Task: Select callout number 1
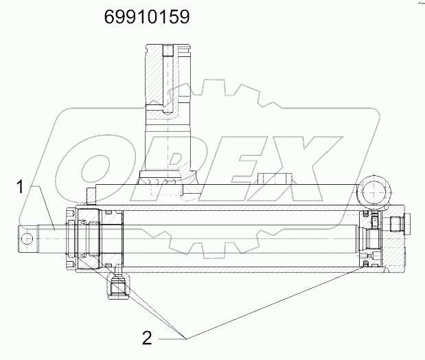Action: click(x=22, y=188)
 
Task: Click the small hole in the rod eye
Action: click(x=27, y=238)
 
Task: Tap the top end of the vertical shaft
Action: click(x=165, y=47)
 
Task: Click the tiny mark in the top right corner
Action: click(x=416, y=4)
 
